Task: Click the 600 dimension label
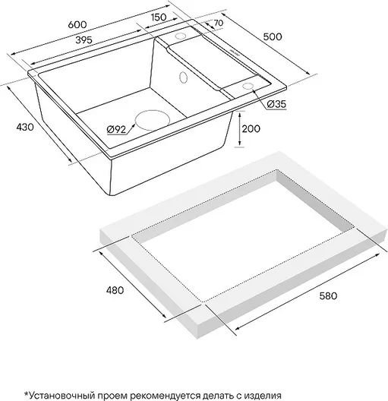coord(77,24)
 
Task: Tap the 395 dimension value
coord(84,40)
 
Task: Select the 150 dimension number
coord(159,17)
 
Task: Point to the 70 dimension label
coord(218,23)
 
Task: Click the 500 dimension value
coord(273,36)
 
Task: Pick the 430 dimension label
coord(25,127)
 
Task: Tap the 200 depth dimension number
coord(251,128)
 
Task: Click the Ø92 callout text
coord(117,130)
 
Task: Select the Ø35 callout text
coord(276,104)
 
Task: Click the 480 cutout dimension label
coord(115,290)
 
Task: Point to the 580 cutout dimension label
coord(328,296)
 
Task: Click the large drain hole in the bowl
coord(153,120)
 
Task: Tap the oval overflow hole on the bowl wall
coord(184,77)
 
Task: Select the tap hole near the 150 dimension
coord(181,36)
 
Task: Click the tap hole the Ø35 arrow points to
coord(248,86)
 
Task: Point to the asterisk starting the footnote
coord(26,394)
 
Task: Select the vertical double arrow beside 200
coord(240,129)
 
